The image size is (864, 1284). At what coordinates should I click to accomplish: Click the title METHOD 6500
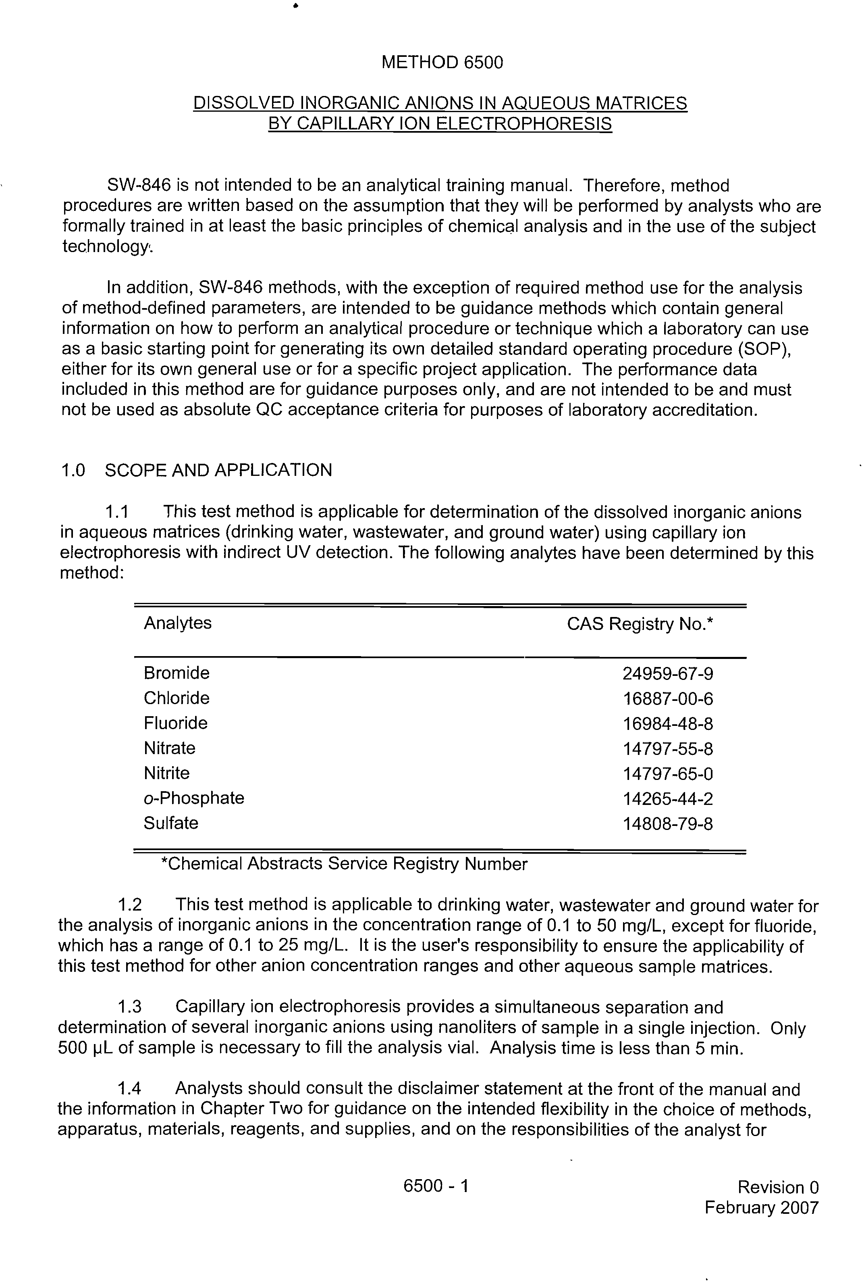pos(442,62)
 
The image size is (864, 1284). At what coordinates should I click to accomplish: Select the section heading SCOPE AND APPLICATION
pos(218,470)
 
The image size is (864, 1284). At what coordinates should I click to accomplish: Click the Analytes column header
pos(177,623)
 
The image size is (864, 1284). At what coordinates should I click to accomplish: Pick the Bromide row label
pos(177,673)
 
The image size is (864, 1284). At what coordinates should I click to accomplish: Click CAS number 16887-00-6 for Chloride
pos(667,699)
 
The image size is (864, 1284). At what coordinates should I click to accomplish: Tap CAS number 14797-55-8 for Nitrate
pos(667,749)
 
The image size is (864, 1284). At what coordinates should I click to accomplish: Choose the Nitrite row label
pos(166,773)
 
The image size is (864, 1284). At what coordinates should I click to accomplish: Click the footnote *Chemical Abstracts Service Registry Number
pos(344,864)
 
